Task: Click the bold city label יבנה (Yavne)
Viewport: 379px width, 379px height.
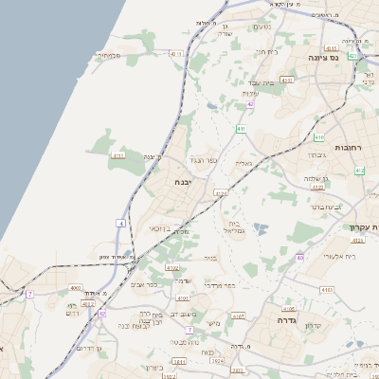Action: [184, 181]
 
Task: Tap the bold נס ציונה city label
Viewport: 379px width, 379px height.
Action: [323, 57]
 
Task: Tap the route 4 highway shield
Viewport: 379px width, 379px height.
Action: [121, 222]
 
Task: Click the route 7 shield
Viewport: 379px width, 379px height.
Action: [30, 294]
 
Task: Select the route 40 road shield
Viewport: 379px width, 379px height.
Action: [300, 256]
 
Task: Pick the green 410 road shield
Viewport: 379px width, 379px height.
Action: [241, 128]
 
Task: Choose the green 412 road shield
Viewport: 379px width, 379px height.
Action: [359, 171]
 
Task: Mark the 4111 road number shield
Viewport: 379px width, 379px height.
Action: [118, 154]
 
